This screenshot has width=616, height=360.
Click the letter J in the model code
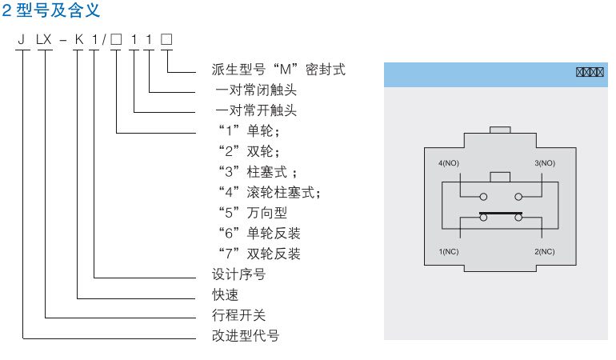(x=22, y=38)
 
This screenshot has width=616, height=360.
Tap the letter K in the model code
(x=78, y=38)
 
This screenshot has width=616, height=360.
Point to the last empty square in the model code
(x=166, y=38)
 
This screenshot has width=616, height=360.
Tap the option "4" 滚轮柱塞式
(x=269, y=192)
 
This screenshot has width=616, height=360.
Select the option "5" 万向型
(x=252, y=213)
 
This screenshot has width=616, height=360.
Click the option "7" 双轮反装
(x=259, y=254)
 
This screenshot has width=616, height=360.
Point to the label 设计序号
(x=238, y=274)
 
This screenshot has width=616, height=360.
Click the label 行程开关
(x=238, y=315)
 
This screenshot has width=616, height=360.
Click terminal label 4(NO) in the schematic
(x=449, y=163)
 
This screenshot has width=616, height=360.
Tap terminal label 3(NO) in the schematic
(x=545, y=163)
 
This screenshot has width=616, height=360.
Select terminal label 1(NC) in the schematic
(x=449, y=252)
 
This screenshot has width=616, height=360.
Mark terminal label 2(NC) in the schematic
(x=545, y=252)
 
